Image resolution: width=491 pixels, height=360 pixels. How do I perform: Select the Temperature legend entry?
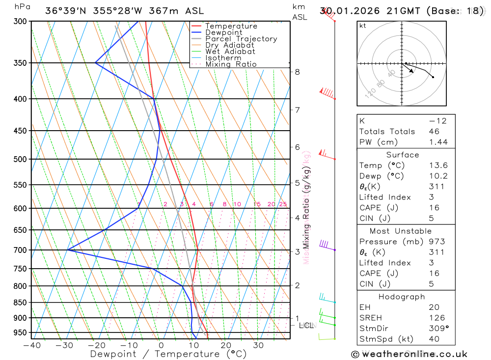pyautogui.click(x=231, y=26)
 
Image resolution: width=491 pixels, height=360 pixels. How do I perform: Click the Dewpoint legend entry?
pyautogui.click(x=223, y=32)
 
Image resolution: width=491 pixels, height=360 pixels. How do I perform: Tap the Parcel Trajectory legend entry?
pyautogui.click(x=241, y=39)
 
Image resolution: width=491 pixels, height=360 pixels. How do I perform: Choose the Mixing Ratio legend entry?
pyautogui.click(x=231, y=64)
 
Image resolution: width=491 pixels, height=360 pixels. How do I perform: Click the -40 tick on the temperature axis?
pyautogui.click(x=31, y=345)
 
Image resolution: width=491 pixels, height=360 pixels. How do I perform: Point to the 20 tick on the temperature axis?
pyautogui.click(x=225, y=345)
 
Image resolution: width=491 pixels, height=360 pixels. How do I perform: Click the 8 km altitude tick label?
pyautogui.click(x=298, y=72)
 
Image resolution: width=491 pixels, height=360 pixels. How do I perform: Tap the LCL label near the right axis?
pyautogui.click(x=306, y=325)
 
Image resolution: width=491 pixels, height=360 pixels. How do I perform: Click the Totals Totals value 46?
pyautogui.click(x=434, y=132)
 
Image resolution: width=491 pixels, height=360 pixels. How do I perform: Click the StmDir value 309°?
pyautogui.click(x=438, y=329)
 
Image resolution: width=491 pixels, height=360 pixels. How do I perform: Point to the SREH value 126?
pyautogui.click(x=436, y=318)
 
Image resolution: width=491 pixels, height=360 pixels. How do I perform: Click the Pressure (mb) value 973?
pyautogui.click(x=436, y=242)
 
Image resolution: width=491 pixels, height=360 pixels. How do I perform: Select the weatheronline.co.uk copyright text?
pyautogui.click(x=409, y=354)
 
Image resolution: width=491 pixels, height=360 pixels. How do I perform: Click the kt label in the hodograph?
pyautogui.click(x=363, y=26)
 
